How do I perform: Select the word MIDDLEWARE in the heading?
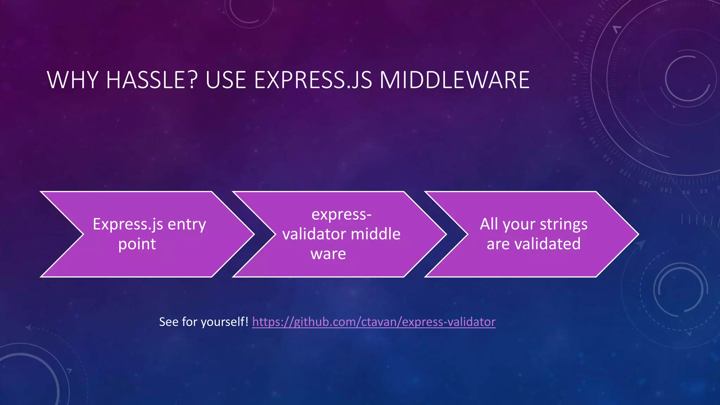coord(454,80)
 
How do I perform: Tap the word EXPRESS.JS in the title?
coord(313,80)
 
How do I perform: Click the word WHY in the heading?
coord(72,80)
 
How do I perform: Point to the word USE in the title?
coord(225,80)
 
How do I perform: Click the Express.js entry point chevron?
coord(148,234)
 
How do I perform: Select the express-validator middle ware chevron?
coord(340,234)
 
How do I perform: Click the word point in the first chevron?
coord(137,244)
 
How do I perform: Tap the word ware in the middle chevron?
coord(328,254)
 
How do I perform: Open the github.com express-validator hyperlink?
coord(374,322)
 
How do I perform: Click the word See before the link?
coord(169,322)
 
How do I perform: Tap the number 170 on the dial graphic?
coord(574,80)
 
